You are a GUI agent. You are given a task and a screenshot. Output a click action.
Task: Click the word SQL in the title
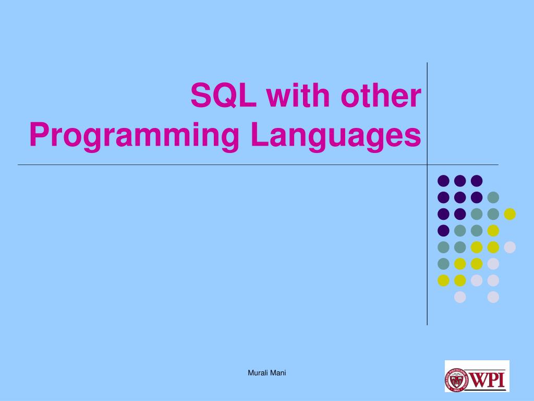[223, 96]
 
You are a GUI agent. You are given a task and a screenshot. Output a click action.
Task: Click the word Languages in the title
[335, 136]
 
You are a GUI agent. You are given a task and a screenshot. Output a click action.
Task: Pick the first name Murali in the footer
[257, 372]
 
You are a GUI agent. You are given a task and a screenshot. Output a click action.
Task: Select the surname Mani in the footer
[278, 372]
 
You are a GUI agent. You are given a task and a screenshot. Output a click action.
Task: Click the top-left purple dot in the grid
[443, 181]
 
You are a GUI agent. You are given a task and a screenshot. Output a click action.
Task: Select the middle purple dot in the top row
[460, 181]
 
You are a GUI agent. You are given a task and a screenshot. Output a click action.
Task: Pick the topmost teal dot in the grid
[493, 197]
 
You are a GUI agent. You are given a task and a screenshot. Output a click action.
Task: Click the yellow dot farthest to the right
[509, 214]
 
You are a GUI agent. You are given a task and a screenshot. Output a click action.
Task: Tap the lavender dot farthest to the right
[509, 247]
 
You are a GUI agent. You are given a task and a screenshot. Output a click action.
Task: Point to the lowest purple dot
[443, 230]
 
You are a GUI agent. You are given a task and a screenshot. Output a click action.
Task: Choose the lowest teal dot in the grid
[443, 264]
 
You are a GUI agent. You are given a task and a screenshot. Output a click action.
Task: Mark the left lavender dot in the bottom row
[460, 297]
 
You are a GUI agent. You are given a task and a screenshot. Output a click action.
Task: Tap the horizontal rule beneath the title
[209, 165]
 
